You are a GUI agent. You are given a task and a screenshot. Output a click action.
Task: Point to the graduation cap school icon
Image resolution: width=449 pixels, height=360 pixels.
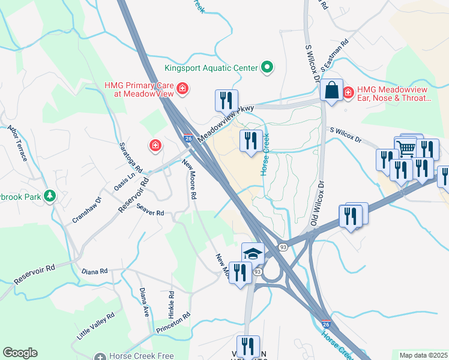(253, 253)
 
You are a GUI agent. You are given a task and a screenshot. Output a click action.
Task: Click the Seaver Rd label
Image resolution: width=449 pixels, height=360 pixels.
(150, 209)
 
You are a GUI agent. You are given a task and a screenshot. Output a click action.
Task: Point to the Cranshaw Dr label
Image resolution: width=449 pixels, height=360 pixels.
(87, 208)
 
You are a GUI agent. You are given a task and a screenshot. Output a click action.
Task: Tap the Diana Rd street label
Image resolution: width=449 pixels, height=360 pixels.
(95, 271)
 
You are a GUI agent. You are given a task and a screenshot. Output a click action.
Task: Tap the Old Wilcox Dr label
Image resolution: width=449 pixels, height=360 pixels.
(316, 203)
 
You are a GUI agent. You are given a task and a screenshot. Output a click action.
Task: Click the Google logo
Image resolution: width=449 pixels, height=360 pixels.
(20, 353)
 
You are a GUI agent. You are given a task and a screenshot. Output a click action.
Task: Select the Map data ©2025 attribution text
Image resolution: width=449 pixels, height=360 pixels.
(423, 355)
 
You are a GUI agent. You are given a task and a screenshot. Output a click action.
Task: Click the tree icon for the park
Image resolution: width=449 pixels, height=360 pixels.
(50, 196)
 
